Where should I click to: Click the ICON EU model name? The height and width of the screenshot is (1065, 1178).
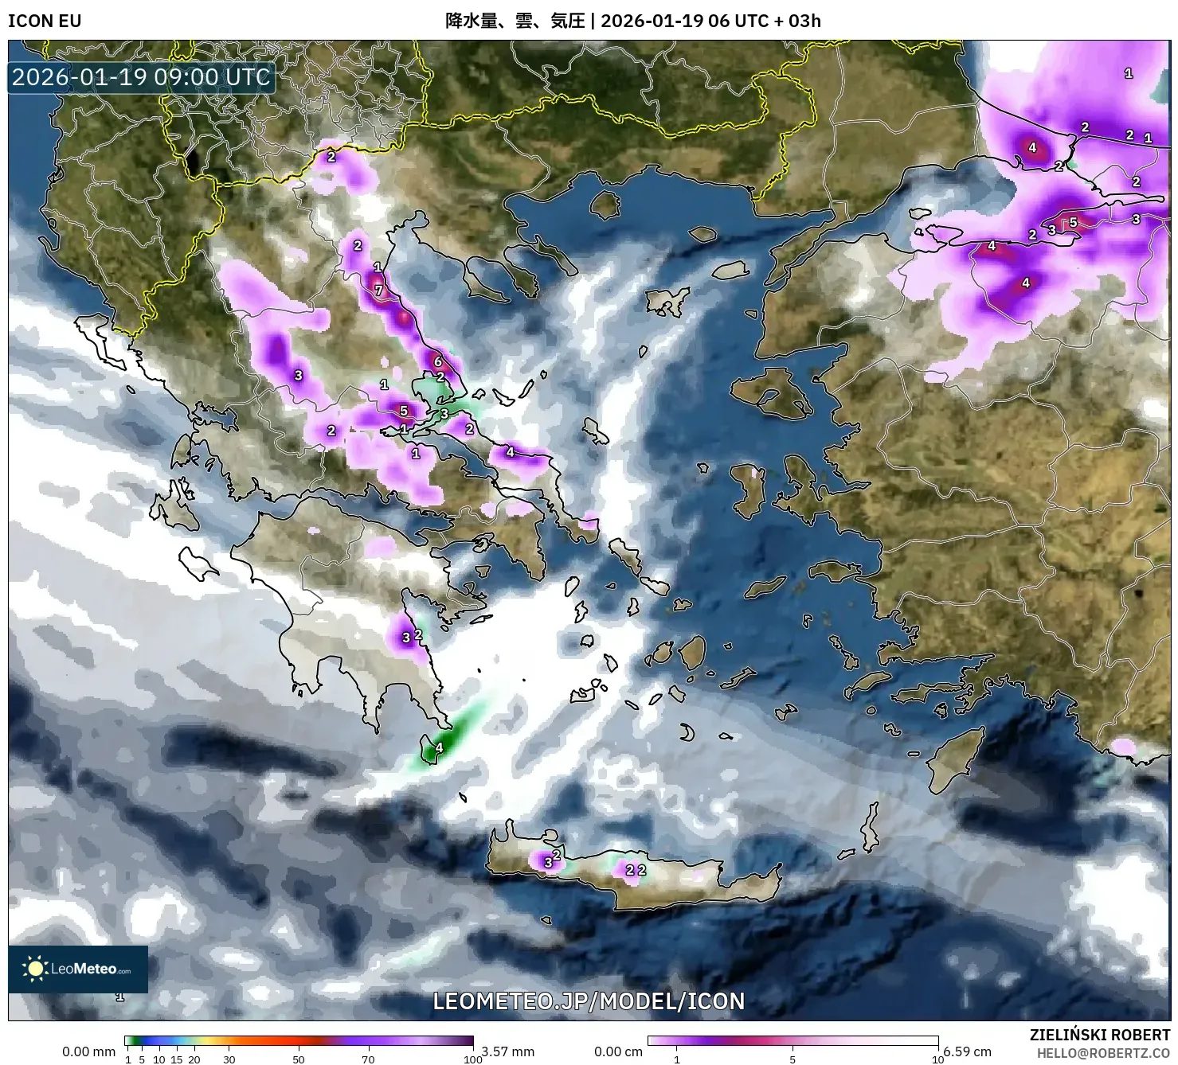tap(45, 21)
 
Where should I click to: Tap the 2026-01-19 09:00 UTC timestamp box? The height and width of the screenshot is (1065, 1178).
tap(142, 77)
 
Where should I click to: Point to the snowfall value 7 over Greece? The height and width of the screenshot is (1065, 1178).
tap(379, 291)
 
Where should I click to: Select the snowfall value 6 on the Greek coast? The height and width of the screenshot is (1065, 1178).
tap(437, 361)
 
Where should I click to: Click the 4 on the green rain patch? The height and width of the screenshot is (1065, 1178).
tap(438, 748)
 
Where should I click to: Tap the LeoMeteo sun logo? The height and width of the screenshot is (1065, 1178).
tap(35, 969)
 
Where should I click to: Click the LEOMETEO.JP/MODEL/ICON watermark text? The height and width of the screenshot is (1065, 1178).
tap(589, 1001)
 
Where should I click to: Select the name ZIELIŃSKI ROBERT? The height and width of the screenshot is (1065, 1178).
tap(1100, 1036)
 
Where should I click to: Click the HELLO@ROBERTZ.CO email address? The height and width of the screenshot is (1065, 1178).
tap(1103, 1052)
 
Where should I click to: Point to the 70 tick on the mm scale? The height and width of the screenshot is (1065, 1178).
tap(368, 1059)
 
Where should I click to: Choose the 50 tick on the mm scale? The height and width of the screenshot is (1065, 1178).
tap(299, 1059)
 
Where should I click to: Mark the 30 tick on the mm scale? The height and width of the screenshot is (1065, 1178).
tap(229, 1059)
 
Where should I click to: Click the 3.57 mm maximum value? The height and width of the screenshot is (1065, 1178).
tap(507, 1051)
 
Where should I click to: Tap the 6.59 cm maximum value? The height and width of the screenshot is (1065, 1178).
tap(967, 1051)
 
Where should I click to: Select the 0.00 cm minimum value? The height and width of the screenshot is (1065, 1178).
tap(618, 1051)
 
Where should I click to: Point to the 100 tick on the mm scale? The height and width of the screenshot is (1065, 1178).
tap(473, 1059)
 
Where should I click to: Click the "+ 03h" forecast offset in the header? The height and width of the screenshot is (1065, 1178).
tap(797, 21)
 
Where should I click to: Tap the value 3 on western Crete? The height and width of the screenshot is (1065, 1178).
tap(548, 863)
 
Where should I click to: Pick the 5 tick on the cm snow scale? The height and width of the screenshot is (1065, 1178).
tap(793, 1059)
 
